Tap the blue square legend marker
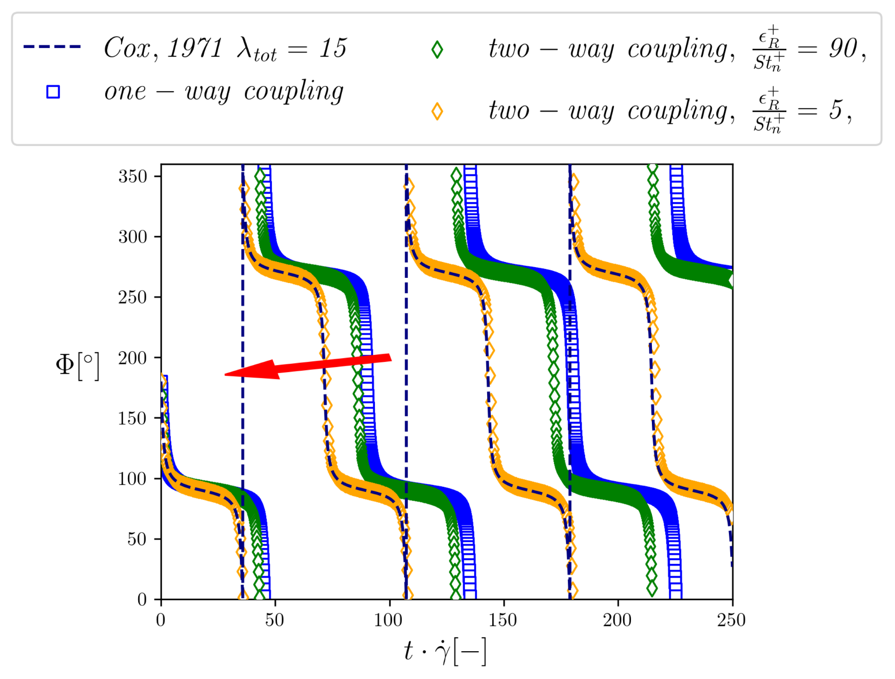coord(53,92)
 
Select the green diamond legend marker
coord(437,50)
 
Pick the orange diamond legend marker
coord(437,111)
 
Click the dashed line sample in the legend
coord(52,47)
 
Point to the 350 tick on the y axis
coord(133,176)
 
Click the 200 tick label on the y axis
coord(133,358)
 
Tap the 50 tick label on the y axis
coord(137,539)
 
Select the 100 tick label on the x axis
coord(389,620)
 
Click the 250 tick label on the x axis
coord(731,620)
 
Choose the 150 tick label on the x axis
coord(503,620)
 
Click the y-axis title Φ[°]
coord(77,366)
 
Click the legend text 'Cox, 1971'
coord(163,48)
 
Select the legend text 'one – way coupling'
coord(223,92)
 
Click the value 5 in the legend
coord(835,110)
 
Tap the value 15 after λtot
coord(333,48)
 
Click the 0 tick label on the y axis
coord(142,599)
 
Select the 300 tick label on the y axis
coord(133,237)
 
